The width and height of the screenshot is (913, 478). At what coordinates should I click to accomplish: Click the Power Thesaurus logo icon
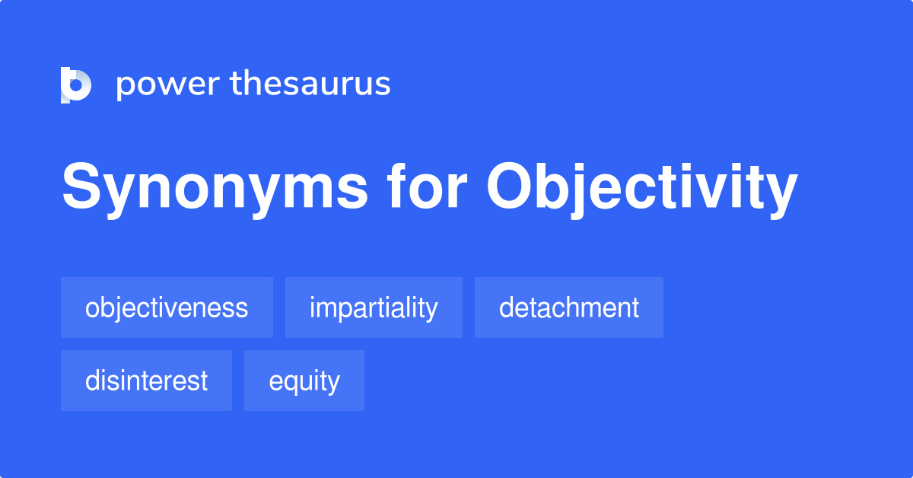(75, 84)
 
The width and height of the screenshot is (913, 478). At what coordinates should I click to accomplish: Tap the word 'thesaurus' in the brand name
(310, 84)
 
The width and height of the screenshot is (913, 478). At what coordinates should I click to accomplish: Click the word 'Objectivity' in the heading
(642, 188)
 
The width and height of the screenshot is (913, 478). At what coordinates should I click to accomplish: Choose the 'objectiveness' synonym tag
(167, 308)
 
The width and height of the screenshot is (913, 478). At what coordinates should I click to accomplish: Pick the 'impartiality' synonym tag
(374, 308)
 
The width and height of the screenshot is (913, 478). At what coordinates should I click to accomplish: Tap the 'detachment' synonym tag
(569, 308)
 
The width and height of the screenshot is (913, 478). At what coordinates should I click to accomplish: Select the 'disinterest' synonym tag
(146, 381)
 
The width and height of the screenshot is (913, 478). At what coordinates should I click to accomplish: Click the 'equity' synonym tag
(304, 381)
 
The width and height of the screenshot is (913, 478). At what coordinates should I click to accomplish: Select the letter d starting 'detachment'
(505, 308)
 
